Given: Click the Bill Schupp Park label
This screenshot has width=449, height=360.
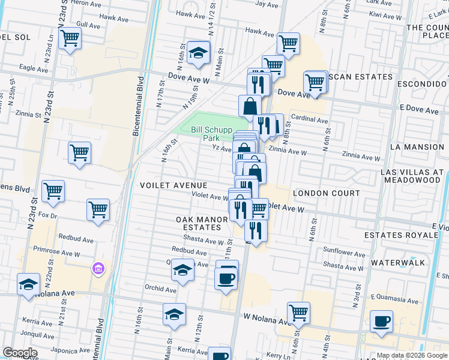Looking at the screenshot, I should tap(206, 133).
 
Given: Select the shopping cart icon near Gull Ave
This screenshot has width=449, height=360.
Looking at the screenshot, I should tap(70, 38).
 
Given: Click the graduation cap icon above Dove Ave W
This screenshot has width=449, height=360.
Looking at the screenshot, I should tap(197, 53).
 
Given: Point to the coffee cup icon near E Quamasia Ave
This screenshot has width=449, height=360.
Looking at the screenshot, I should tap(381, 321).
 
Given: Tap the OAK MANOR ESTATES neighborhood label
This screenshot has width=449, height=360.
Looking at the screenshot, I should tap(202, 223).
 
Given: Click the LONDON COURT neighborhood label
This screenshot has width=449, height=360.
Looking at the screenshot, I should tap(326, 193).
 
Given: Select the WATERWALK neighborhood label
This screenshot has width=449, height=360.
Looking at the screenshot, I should tap(398, 263).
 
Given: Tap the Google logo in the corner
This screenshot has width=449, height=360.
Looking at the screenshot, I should tap(20, 353).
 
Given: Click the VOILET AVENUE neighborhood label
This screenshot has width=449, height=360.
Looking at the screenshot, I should tap(173, 186).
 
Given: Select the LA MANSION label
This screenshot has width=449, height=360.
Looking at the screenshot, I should tap(415, 146).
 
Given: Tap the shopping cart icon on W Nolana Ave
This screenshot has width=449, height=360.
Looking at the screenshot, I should tap(298, 313).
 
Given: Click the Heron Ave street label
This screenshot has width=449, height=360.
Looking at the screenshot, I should tap(85, 3).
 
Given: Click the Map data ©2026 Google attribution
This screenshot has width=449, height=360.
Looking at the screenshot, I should tap(411, 355).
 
